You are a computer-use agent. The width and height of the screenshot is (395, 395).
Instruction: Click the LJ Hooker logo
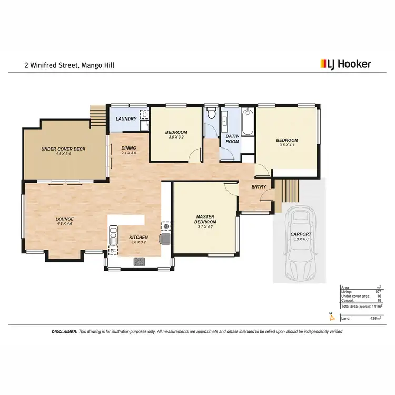pyautogui.click(x=345, y=64)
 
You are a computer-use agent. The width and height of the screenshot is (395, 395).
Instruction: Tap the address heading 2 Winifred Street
pyautogui.click(x=69, y=65)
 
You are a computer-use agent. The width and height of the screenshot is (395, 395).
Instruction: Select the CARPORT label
pyautogui.click(x=301, y=234)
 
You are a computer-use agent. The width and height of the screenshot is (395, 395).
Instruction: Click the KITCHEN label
pyautogui.click(x=139, y=238)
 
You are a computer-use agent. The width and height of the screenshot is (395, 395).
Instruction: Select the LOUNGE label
pyautogui.click(x=65, y=219)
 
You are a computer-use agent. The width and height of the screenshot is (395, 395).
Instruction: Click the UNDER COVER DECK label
pyautogui.click(x=63, y=149)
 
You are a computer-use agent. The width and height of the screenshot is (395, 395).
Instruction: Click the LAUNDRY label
pyautogui.click(x=126, y=119)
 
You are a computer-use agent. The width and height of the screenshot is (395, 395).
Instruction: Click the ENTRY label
pyautogui.click(x=259, y=186)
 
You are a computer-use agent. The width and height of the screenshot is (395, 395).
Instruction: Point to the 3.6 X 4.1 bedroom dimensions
pyautogui.click(x=287, y=146)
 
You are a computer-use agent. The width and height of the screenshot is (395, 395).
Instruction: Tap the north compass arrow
pyautogui.click(x=331, y=316)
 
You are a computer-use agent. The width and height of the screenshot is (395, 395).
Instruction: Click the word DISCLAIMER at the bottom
pyautogui.click(x=64, y=332)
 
